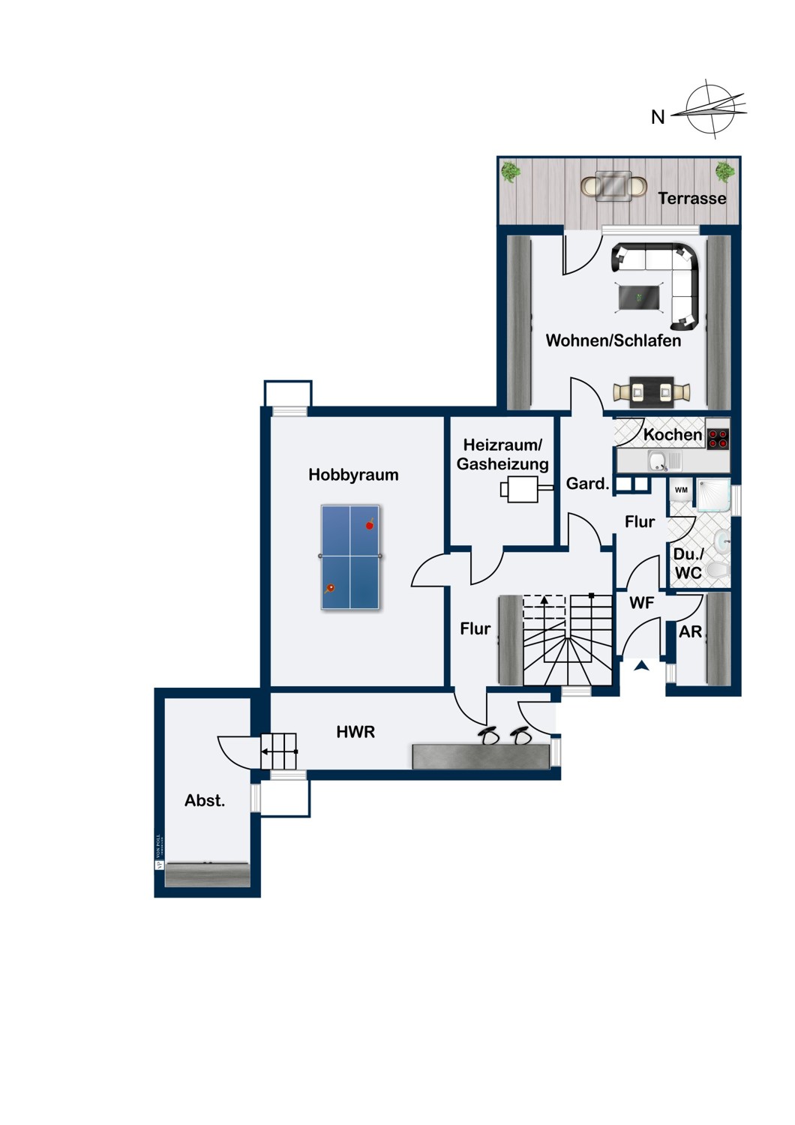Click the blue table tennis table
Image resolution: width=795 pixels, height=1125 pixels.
coord(350,556)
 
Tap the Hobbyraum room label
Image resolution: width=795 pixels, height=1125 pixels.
coord(353,475)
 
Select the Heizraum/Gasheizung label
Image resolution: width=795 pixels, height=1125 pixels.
coord(502,454)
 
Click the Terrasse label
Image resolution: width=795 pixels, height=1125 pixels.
coord(692,198)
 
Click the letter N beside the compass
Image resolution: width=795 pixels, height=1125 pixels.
coord(658,117)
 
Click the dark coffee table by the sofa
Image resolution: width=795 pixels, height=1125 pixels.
coord(640,297)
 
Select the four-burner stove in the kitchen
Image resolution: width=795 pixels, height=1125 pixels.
coord(718,438)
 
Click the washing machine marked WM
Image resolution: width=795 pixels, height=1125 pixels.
coord(681,490)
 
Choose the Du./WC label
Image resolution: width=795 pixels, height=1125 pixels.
coord(688,563)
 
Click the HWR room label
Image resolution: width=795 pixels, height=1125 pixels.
coord(355,731)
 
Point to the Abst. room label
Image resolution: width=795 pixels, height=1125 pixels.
coord(205,800)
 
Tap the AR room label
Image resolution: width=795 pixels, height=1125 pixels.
coord(690,631)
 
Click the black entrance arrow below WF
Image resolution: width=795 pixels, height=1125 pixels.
coord(642,665)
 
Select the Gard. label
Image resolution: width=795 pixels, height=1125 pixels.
coord(587,484)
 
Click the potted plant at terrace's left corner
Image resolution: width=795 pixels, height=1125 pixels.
coord(511,172)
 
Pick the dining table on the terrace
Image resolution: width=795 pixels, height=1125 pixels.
coord(614,185)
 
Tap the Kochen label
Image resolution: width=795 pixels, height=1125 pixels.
coord(672,434)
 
